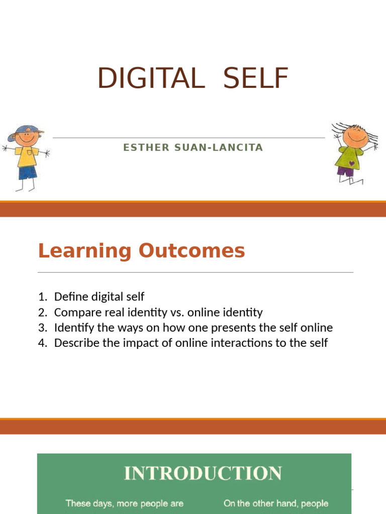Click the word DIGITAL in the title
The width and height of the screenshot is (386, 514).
coord(151,78)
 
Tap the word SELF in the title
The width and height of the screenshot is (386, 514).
coord(256,78)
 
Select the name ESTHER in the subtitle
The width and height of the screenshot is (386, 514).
coord(146,148)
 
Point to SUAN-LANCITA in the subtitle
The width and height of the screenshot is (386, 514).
coord(219,148)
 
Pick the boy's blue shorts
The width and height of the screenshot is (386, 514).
coord(28,173)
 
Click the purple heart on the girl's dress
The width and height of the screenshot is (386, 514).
coord(351,163)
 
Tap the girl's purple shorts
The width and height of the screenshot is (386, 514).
coord(345,171)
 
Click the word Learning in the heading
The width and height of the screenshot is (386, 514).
coord(84,251)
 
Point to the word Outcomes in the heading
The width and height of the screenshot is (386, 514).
coord(191,251)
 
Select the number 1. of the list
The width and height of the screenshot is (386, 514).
coord(43,297)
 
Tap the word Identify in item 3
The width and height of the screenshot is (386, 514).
coord(74,328)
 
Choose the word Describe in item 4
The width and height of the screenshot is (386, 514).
coord(77,343)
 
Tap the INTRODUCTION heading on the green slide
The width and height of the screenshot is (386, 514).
coord(203,473)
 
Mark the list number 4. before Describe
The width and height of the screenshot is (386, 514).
coord(43,343)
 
